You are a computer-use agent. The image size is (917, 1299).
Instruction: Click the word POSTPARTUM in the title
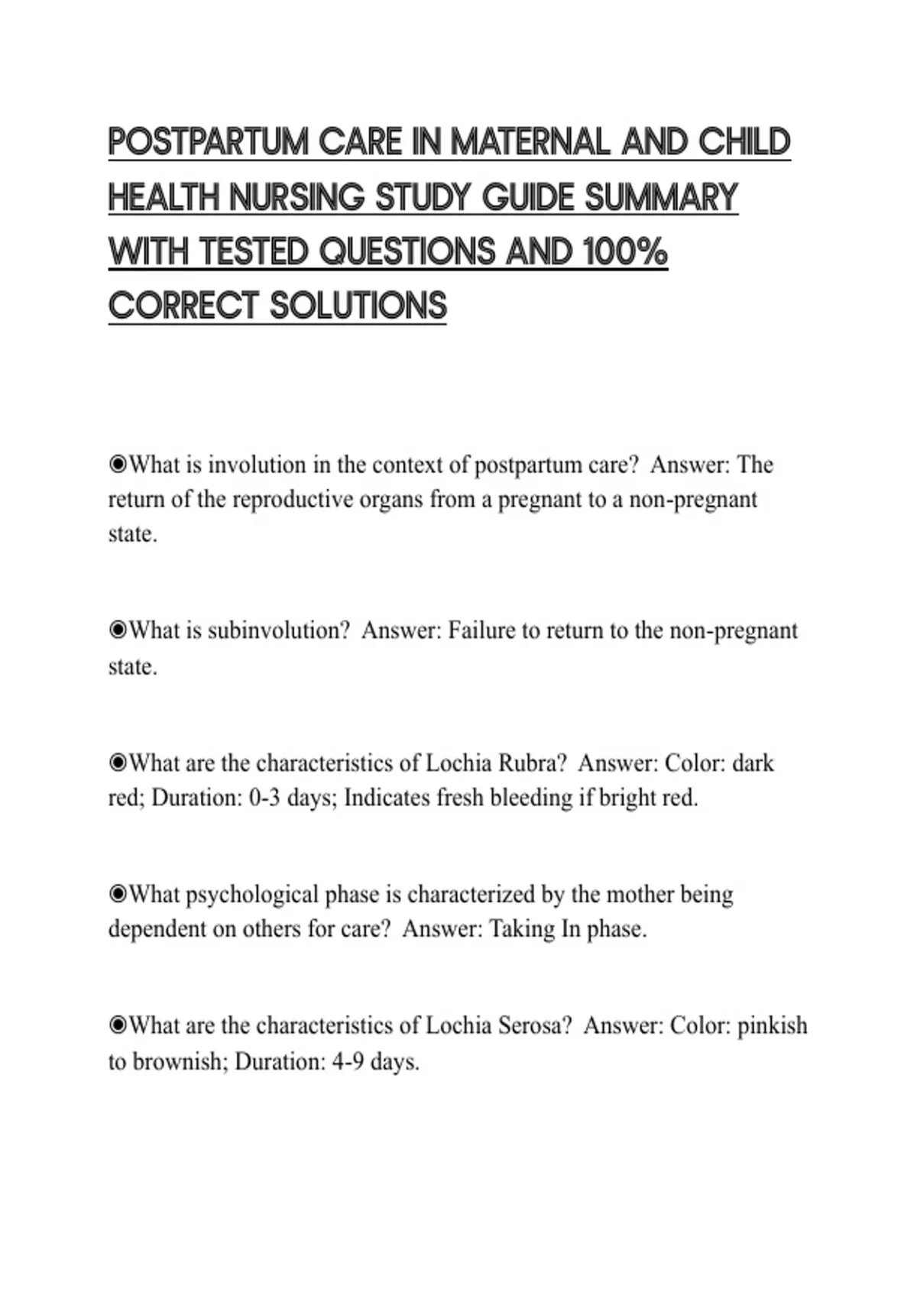tap(208, 143)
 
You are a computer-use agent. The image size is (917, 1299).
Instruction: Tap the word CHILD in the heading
tap(744, 143)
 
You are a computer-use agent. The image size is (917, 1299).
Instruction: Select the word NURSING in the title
tap(296, 198)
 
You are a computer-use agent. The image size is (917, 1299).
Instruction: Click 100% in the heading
tap(624, 252)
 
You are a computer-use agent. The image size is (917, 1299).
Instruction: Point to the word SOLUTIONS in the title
tap(358, 306)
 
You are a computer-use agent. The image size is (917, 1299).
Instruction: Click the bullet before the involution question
tap(118, 464)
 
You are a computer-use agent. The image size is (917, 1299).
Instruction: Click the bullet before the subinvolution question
tap(118, 630)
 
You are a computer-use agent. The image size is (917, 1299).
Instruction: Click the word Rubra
tap(532, 763)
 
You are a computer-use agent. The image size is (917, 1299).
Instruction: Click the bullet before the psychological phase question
tap(118, 893)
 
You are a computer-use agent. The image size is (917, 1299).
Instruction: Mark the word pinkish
tap(772, 1025)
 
